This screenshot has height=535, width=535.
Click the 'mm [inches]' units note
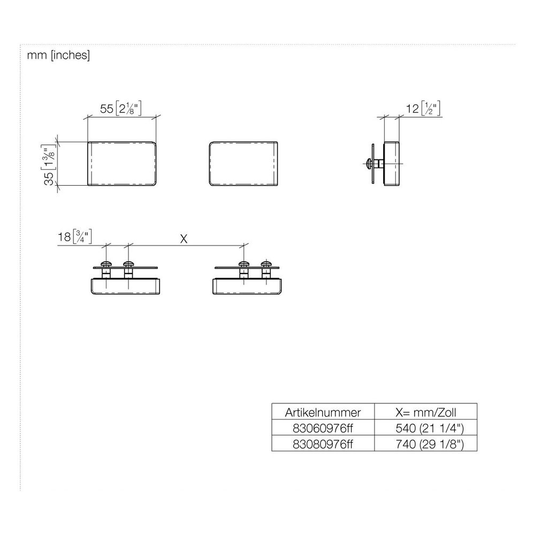pyautogui.click(x=58, y=55)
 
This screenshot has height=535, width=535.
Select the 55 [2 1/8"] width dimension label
pyautogui.click(x=120, y=109)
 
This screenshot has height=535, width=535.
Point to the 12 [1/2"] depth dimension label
pyautogui.click(x=423, y=109)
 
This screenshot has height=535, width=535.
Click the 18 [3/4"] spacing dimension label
pyautogui.click(x=74, y=236)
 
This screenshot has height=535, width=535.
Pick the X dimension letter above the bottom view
pyautogui.click(x=184, y=239)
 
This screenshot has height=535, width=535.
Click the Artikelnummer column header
pyautogui.click(x=323, y=412)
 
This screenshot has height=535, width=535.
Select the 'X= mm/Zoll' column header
pyautogui.click(x=425, y=412)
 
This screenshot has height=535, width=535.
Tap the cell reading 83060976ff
pyautogui.click(x=323, y=428)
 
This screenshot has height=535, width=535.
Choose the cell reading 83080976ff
pyautogui.click(x=323, y=444)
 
